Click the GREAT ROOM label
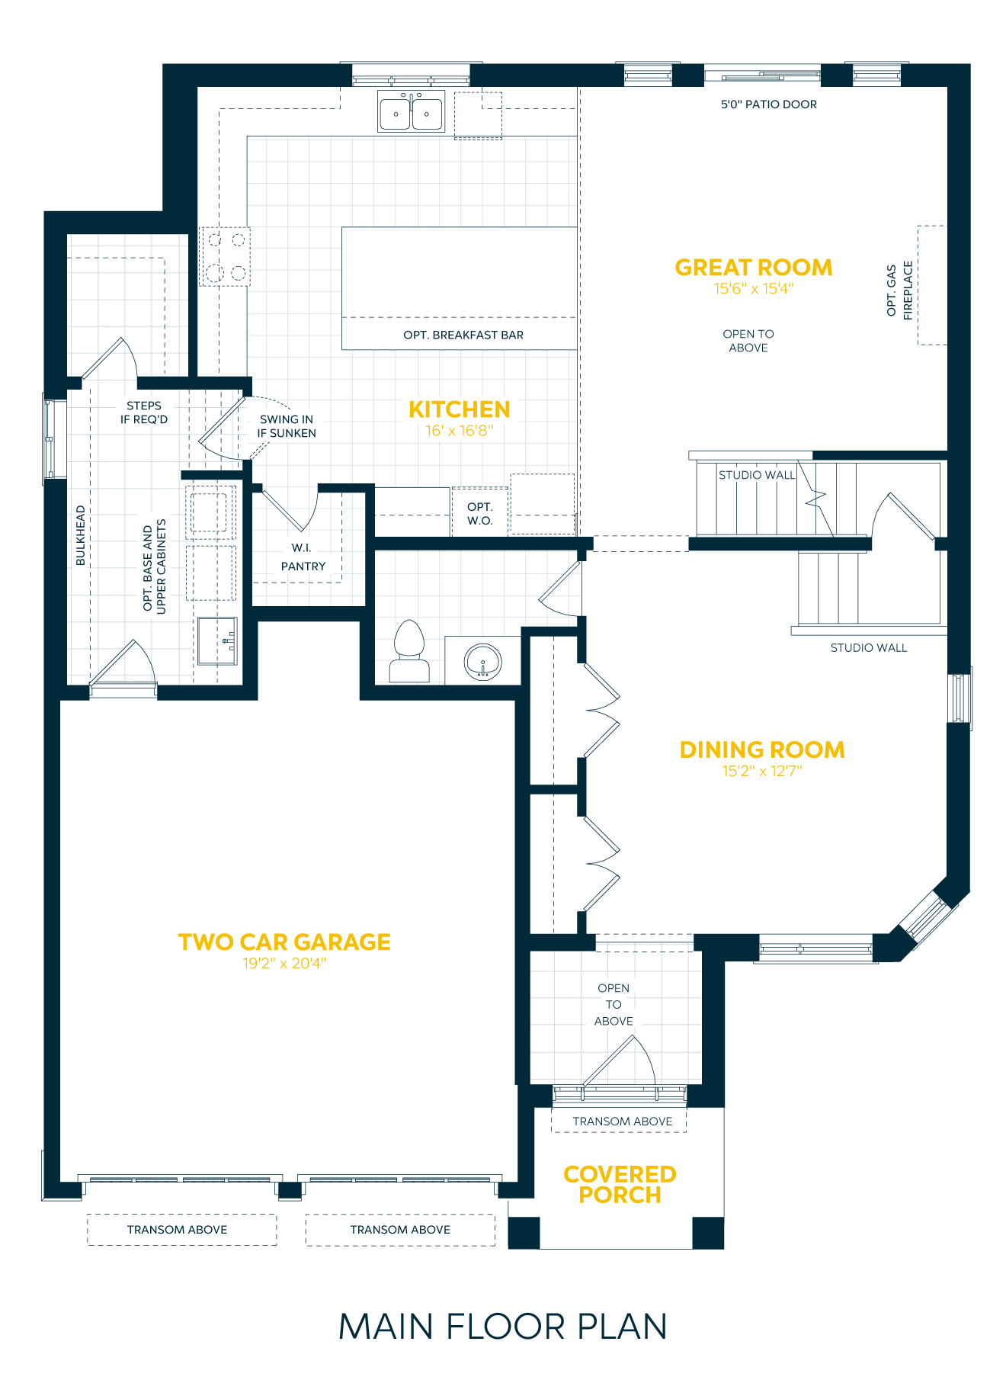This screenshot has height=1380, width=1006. pos(753,268)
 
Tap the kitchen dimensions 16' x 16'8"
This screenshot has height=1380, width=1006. pos(459,431)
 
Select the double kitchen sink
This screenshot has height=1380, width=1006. pos(412,112)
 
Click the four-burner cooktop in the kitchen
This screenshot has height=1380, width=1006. pos(226,256)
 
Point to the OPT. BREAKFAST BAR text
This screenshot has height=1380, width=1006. pos(463,335)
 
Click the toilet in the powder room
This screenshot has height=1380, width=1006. pos(409,651)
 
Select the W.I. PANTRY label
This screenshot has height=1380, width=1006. pos(303,557)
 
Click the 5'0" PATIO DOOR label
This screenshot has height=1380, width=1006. pos(768,104)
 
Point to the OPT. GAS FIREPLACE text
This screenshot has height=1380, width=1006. pos(899,290)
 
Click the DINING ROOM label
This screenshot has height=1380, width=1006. pos(761,749)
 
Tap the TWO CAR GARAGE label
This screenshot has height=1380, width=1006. pos(284,942)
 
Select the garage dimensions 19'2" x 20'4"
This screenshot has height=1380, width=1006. pos(284,964)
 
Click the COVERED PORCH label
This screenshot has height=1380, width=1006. pos(620,1184)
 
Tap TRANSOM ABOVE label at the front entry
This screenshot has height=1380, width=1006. pos(622,1122)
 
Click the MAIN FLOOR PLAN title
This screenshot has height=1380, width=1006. pos(503,1327)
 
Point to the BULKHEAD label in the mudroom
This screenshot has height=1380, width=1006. pos(81,535)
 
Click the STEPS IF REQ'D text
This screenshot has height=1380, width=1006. pos(144,412)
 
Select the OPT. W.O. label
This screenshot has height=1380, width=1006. pos(480,514)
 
